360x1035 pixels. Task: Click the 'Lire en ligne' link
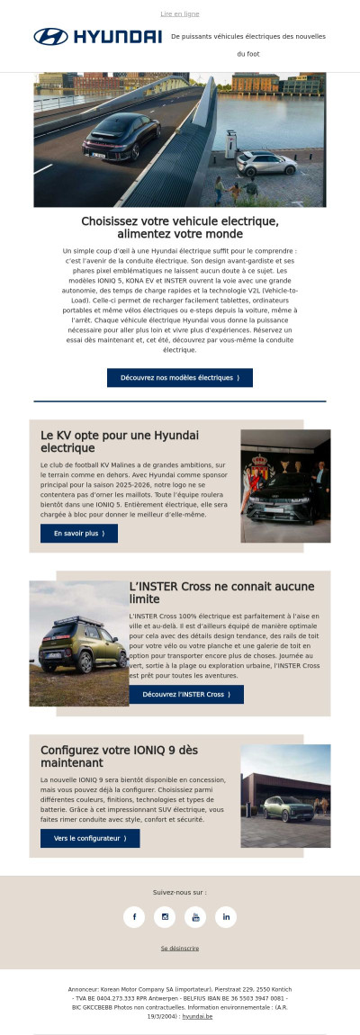click(180, 14)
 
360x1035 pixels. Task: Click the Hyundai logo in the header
click(97, 37)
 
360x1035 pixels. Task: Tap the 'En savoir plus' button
click(79, 533)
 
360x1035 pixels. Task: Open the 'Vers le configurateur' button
click(90, 838)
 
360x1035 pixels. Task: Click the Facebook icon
click(134, 916)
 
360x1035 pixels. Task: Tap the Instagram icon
click(165, 916)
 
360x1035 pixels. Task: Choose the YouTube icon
click(195, 916)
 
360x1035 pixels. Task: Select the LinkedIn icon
click(226, 916)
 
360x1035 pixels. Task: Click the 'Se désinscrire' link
click(180, 948)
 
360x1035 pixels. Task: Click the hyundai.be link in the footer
click(197, 1016)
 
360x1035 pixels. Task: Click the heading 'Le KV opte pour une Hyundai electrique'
click(120, 441)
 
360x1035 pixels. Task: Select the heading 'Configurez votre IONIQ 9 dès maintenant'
click(119, 756)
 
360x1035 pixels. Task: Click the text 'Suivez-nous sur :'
click(180, 892)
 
